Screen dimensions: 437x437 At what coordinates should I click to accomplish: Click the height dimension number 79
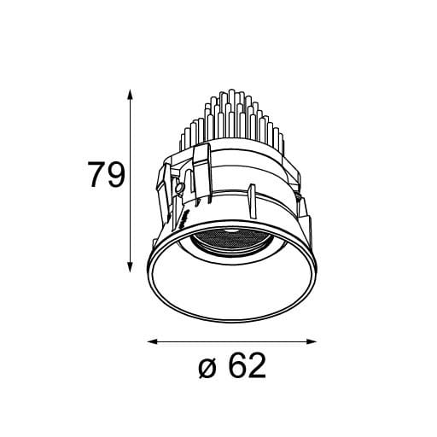[106, 176]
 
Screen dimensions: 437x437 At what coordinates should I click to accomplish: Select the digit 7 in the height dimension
[96, 176]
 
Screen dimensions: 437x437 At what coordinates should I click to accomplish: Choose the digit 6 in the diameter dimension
[236, 368]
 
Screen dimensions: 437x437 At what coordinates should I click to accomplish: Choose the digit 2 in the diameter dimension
[257, 368]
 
